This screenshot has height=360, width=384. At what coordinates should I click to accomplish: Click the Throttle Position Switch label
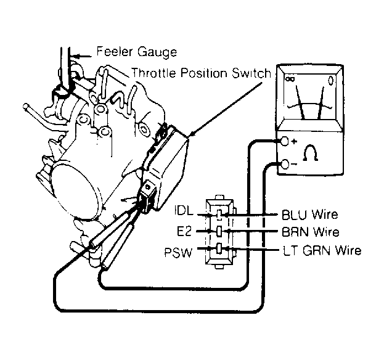coord(201,73)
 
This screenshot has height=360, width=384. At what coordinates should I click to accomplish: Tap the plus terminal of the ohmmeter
coord(285,142)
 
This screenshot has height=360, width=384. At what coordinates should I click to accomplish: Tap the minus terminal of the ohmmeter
coord(285,164)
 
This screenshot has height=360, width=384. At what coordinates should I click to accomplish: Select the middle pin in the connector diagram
coord(219,232)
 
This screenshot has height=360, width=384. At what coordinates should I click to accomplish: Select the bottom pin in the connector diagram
coord(219,250)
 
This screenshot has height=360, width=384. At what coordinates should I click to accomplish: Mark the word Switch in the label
coord(251,73)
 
